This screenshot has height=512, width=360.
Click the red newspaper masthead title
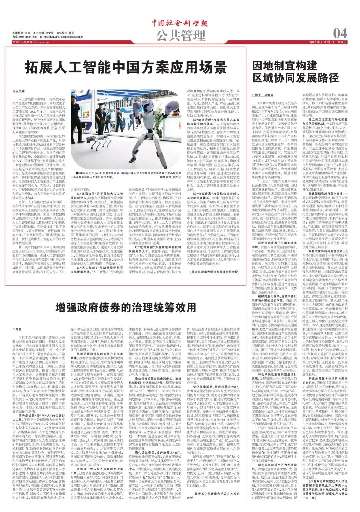180,23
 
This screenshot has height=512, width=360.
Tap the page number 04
340,33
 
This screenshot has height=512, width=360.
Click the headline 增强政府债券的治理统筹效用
125,306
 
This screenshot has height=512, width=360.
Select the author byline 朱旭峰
19,90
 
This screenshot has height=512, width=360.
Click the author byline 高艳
17,329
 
